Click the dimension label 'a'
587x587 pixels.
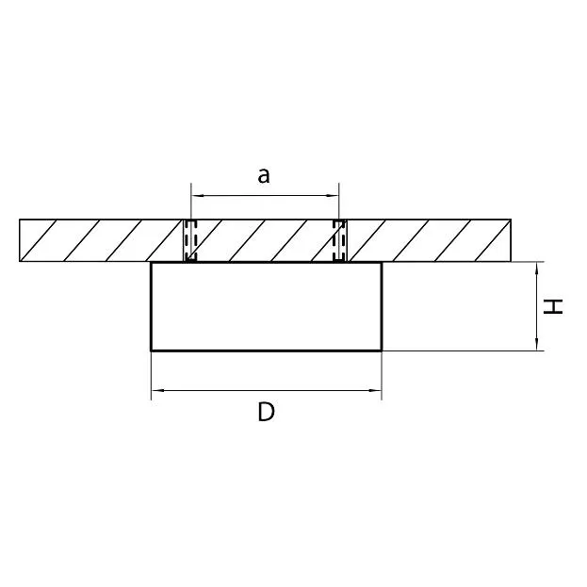click(265, 174)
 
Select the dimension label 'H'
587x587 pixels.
click(556, 306)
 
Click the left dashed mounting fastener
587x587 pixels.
click(190, 240)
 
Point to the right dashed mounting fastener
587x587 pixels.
click(339, 240)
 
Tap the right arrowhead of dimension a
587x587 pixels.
click(335, 196)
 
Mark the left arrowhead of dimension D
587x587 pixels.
click(155, 388)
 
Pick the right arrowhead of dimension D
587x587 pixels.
click(378, 388)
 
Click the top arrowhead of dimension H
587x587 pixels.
click(537, 267)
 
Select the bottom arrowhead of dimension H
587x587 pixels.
click(537, 346)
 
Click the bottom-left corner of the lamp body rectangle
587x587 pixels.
click(152, 351)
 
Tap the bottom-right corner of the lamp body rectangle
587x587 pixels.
click(382, 351)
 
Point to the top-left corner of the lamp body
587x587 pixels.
click(152, 263)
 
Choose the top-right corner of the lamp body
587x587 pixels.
click(382, 263)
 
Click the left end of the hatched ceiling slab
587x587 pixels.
click(20, 240)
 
